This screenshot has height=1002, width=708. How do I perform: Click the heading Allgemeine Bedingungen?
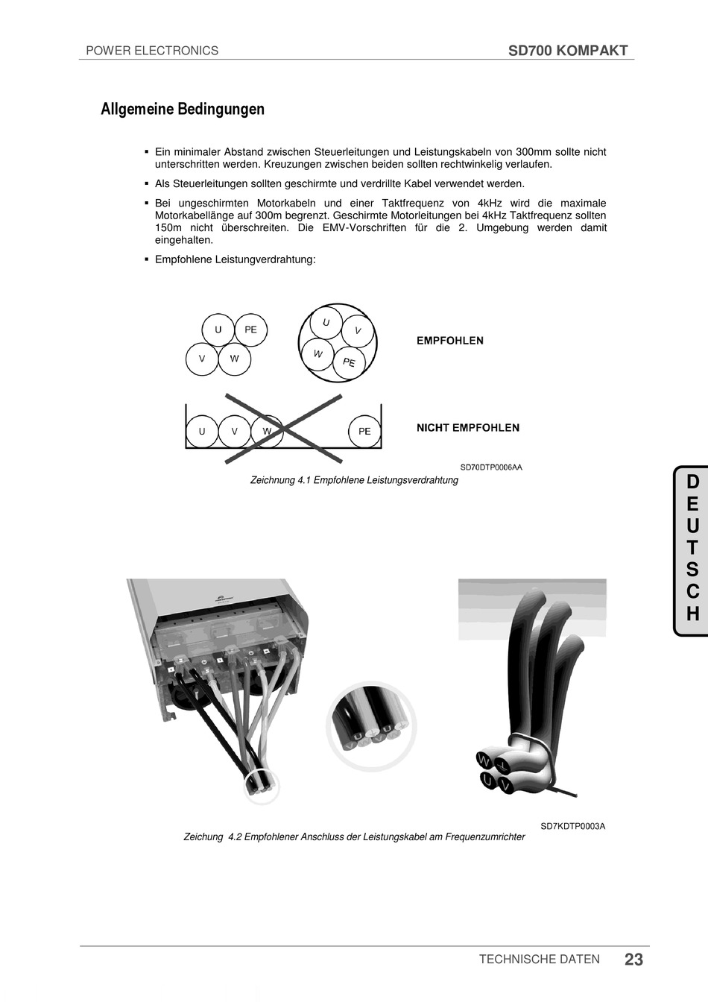pyautogui.click(x=183, y=109)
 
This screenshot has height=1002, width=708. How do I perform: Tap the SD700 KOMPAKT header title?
pyautogui.click(x=568, y=51)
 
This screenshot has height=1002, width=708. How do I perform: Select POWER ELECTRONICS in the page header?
pyautogui.click(x=152, y=51)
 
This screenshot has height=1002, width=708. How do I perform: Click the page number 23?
pyautogui.click(x=633, y=960)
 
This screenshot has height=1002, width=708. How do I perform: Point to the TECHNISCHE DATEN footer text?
pyautogui.click(x=540, y=960)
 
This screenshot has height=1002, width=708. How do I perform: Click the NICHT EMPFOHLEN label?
pyautogui.click(x=468, y=428)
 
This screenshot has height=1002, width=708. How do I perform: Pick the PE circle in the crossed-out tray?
pyautogui.click(x=364, y=431)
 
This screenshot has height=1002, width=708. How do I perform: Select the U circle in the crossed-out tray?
pyautogui.click(x=202, y=431)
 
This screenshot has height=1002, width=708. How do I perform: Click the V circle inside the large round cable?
pyautogui.click(x=358, y=330)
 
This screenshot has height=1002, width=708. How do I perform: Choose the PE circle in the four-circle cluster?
pyautogui.click(x=250, y=330)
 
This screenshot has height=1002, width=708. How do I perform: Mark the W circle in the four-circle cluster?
pyautogui.click(x=234, y=359)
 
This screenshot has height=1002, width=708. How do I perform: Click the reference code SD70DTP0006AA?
pyautogui.click(x=491, y=467)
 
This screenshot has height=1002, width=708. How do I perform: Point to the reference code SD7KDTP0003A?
pyautogui.click(x=573, y=826)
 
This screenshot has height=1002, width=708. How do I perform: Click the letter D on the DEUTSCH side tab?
pyautogui.click(x=692, y=482)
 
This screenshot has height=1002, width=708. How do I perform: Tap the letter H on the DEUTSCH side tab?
pyautogui.click(x=692, y=614)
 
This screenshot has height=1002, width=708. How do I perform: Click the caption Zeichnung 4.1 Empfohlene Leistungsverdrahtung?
pyautogui.click(x=354, y=480)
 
